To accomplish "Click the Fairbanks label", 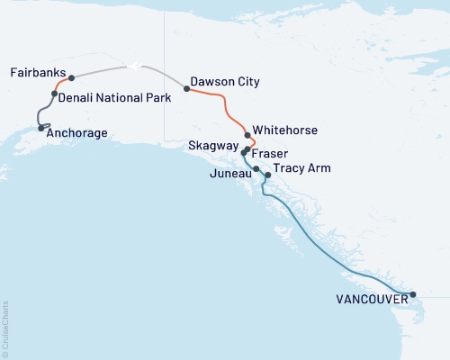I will pyautogui.click(x=36, y=71).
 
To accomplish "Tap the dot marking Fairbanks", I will pyautogui.click(x=71, y=78).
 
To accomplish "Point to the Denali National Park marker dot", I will pyautogui.click(x=55, y=94).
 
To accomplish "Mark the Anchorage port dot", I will pyautogui.click(x=41, y=128).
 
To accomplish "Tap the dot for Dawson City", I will pyautogui.click(x=186, y=88).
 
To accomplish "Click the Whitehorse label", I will pyautogui.click(x=285, y=130).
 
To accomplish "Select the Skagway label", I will pyautogui.click(x=213, y=145).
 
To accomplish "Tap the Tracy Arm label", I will pyautogui.click(x=301, y=168).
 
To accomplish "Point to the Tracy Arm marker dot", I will pyautogui.click(x=266, y=175).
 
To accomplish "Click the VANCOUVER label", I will pyautogui.click(x=368, y=300).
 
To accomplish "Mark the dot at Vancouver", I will pyautogui.click(x=413, y=294).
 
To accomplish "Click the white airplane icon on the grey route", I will pyautogui.click(x=134, y=65).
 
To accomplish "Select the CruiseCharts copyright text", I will pyautogui.click(x=5, y=329).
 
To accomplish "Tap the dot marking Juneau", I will pyautogui.click(x=256, y=169).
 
